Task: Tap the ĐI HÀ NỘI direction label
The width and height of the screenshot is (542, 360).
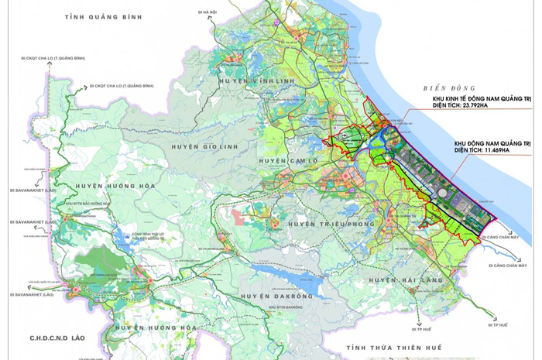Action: click(x=206, y=12)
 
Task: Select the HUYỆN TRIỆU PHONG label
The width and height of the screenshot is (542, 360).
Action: click(x=325, y=223)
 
